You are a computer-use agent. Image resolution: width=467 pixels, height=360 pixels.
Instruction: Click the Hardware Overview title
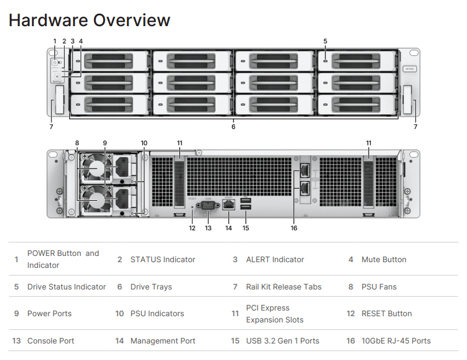click(89, 20)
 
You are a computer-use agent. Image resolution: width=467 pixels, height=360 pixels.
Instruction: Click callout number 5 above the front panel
click(325, 41)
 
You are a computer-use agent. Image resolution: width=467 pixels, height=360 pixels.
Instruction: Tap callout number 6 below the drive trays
click(233, 127)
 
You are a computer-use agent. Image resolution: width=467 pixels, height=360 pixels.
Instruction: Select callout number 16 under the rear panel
click(294, 228)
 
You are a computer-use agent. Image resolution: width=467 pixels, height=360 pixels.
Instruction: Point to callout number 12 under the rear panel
click(192, 228)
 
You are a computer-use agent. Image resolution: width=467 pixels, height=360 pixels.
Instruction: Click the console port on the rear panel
click(208, 206)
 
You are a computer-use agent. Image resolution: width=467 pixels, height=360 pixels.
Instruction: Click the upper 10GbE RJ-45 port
click(305, 169)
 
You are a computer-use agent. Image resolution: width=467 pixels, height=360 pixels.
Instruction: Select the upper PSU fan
click(96, 169)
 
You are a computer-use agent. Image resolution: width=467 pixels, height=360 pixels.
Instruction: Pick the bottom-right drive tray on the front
click(357, 104)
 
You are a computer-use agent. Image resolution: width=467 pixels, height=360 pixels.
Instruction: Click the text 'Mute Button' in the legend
click(384, 259)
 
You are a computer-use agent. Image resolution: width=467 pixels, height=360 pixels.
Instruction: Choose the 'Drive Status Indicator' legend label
click(67, 287)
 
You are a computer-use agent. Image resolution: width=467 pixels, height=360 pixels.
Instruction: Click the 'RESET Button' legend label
click(387, 313)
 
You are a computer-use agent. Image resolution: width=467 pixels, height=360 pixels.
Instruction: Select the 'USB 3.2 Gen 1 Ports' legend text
click(283, 341)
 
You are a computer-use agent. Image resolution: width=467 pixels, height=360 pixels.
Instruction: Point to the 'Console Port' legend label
click(51, 341)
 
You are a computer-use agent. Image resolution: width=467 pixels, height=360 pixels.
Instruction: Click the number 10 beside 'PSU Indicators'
click(119, 313)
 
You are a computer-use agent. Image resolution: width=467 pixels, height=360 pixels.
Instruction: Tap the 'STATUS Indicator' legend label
click(163, 259)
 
